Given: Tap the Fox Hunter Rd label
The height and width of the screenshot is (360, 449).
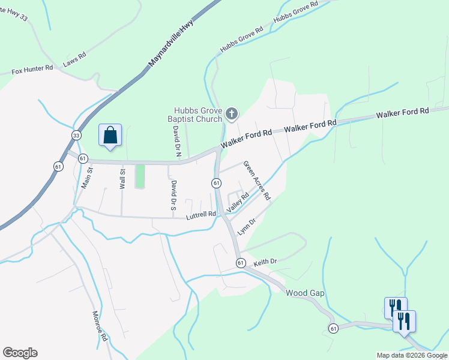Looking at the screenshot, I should (x=32, y=70).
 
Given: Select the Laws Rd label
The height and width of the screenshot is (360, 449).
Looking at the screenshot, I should (x=75, y=58).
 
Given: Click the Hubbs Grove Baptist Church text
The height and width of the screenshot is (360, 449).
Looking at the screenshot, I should (x=198, y=115).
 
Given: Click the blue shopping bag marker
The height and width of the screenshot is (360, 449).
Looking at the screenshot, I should (x=110, y=135).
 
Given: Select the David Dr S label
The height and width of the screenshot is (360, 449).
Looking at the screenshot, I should (x=173, y=194).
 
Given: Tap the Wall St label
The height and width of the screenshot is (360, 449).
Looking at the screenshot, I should (x=122, y=179).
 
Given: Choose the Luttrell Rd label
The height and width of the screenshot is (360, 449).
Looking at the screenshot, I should (x=200, y=214).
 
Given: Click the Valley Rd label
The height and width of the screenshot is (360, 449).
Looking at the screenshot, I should (x=238, y=202).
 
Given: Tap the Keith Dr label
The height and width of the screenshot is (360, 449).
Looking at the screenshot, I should (x=265, y=262).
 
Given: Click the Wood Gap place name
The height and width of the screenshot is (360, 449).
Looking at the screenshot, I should (x=305, y=293).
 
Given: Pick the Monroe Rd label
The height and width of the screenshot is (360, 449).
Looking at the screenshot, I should (x=99, y=326).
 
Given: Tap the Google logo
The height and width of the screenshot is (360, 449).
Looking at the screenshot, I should (x=20, y=353).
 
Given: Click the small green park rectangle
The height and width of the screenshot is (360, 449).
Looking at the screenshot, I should (x=140, y=176).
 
